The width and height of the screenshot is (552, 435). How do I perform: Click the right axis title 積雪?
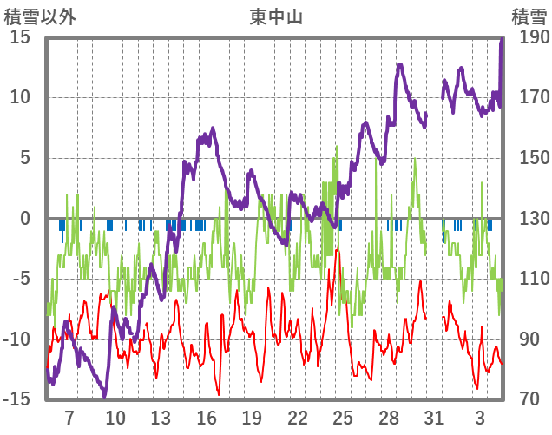pos(528,16)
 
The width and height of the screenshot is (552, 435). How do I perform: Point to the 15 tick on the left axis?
pos(20,37)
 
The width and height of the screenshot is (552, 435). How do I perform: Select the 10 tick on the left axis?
pos(20,97)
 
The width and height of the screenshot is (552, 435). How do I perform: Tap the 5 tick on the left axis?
pos(24,158)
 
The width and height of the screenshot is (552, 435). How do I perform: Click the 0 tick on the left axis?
pos(24,219)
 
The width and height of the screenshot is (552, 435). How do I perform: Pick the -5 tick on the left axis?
pos(21,279)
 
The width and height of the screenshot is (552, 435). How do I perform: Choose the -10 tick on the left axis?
pos(16,339)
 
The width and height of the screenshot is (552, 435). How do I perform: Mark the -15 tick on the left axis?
pos(16,399)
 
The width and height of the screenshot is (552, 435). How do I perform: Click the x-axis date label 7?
pos(69,418)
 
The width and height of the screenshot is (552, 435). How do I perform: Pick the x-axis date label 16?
pos(207,418)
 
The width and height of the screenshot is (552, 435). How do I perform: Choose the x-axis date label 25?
pos(343,418)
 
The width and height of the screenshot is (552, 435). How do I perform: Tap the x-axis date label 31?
pos(434,418)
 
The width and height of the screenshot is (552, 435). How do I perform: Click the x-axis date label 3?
pos(480,418)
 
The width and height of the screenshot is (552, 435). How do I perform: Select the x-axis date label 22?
pos(298,418)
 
